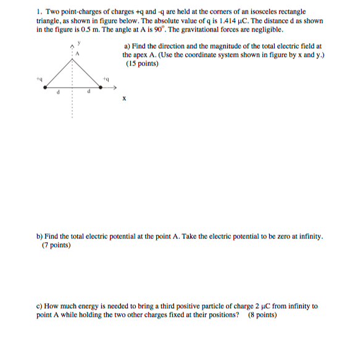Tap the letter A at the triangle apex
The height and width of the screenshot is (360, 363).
coord(78,54)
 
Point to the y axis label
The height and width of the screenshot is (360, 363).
coord(79,44)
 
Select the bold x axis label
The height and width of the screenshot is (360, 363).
coord(124,98)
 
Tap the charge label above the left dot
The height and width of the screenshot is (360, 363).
coord(39,80)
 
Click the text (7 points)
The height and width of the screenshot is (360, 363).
coord(56,245)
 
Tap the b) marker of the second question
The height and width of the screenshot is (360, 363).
coord(40,237)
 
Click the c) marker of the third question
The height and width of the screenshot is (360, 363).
coord(40,306)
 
